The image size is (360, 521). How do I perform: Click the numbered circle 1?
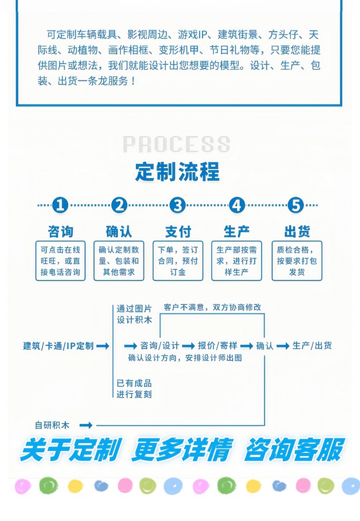tap(60, 205)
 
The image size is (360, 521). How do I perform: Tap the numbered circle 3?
tap(178, 205)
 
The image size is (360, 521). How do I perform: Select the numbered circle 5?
tap(296, 205)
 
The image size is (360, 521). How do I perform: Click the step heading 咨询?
tap(60, 231)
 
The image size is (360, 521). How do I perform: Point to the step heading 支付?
tap(178, 231)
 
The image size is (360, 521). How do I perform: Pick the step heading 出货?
tap(297, 231)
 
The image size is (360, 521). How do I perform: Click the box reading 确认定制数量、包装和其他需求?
tap(119, 261)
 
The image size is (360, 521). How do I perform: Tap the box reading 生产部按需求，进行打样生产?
tap(237, 261)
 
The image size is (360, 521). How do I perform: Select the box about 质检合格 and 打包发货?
tap(297, 261)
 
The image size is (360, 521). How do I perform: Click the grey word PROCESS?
tap(177, 144)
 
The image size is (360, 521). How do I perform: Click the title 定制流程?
tap(177, 171)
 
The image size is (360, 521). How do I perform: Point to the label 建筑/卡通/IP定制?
tap(59, 346)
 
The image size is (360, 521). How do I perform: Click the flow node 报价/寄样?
tap(217, 346)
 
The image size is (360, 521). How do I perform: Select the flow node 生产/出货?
tap(312, 346)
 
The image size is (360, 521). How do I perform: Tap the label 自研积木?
tap(52, 425)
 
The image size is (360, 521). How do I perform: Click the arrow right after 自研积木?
tap(85, 425)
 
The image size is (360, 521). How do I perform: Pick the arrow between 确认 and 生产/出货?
tap(283, 346)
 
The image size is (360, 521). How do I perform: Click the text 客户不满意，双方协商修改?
tap(212, 307)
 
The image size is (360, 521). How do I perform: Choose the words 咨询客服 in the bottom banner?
tap(294, 450)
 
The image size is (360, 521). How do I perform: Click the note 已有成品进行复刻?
tap(134, 388)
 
